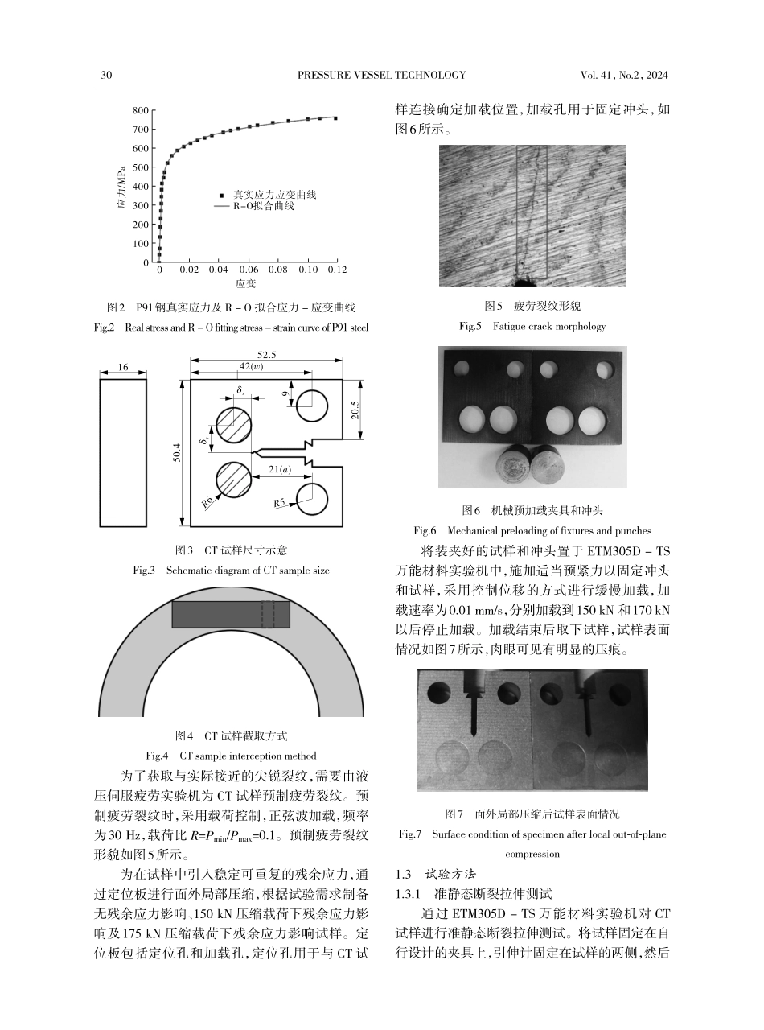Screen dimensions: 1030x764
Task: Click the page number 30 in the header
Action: coord(105,75)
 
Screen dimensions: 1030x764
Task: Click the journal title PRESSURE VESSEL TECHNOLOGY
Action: coord(381,75)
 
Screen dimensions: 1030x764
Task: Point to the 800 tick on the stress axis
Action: coord(141,110)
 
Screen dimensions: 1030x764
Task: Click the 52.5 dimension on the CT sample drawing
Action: coord(267,355)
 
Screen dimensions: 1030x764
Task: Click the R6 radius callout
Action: coord(207,501)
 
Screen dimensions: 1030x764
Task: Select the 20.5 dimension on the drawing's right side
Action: coord(355,410)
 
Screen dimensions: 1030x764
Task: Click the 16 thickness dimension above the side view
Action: coord(123,366)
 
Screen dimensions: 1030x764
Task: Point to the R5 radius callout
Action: coord(280,503)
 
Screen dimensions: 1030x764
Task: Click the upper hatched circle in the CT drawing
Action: coord(233,425)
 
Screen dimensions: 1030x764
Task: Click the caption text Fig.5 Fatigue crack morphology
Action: coord(532,326)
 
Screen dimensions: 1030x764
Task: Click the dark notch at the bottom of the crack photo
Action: coord(527,282)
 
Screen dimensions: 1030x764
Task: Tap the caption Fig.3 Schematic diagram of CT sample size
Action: coord(231,570)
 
